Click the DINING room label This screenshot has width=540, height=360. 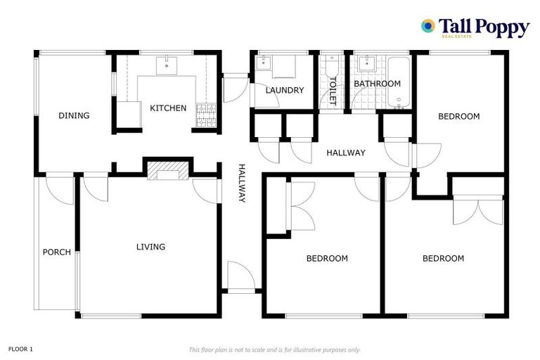point(74,115)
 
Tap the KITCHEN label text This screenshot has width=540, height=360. point(168,108)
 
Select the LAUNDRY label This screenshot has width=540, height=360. point(284,90)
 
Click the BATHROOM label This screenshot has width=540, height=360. point(377,84)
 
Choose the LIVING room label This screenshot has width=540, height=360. point(150,247)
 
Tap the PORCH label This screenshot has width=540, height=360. point(56,252)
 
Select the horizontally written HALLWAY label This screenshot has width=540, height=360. point(345,153)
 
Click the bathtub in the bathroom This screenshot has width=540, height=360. point(398,82)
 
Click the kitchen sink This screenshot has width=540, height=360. point(168,65)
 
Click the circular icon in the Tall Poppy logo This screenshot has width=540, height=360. point(427,26)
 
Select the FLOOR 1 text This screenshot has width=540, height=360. point(20,349)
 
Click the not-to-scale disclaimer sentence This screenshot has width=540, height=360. point(274,349)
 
